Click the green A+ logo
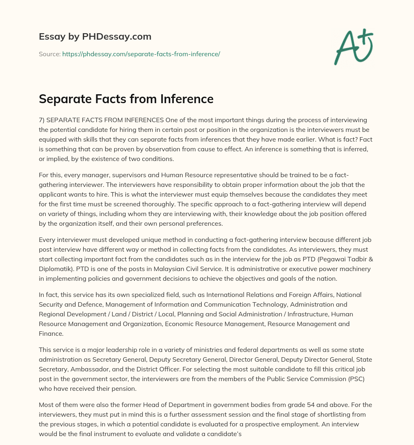click(x=353, y=47)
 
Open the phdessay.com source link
click(x=141, y=54)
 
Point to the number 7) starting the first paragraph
click(x=42, y=121)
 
